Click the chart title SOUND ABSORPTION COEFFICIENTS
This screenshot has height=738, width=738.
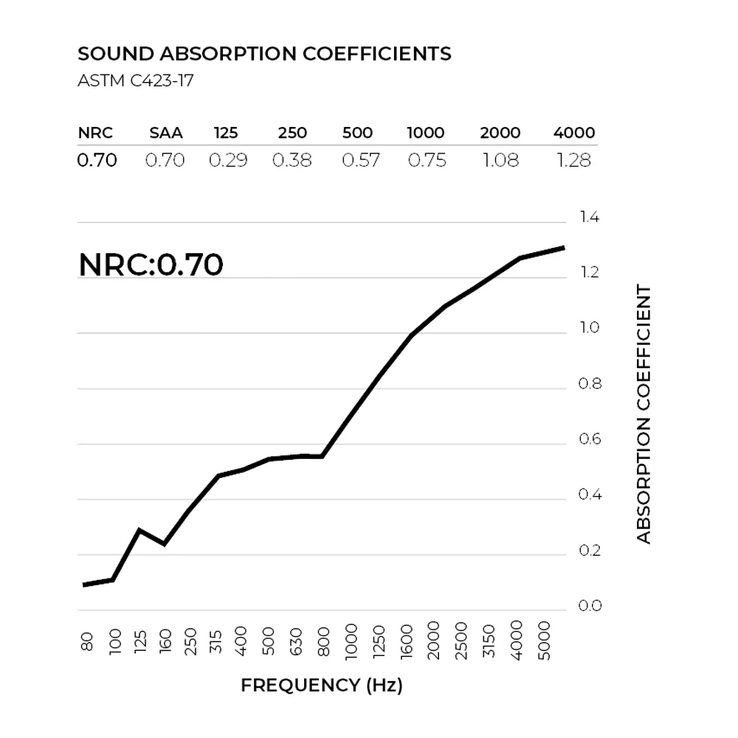264,54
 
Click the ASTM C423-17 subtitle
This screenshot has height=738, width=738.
135,80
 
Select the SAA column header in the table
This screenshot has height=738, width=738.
165,134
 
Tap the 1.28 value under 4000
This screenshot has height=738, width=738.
574,160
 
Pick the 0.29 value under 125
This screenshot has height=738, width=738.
228,160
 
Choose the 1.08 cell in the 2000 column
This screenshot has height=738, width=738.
500,160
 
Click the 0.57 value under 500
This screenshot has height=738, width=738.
361,160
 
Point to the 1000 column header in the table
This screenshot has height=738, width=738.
426,134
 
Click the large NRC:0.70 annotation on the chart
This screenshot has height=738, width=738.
151,265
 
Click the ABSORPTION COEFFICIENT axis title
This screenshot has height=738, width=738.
644,415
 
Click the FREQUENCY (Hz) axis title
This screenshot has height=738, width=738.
322,686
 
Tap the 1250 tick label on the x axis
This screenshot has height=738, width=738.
379,644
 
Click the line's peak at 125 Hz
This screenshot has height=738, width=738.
139,530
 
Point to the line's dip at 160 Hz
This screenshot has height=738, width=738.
164,545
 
